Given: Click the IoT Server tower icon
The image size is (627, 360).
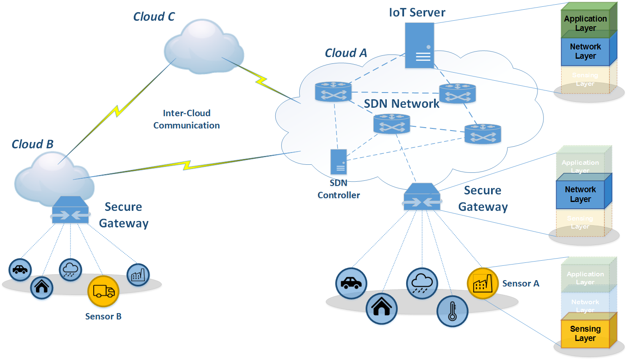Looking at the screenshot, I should [x=419, y=45].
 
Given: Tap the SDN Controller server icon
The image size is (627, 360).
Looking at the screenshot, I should [x=339, y=162].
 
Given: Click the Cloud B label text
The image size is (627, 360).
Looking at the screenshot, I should [x=33, y=144].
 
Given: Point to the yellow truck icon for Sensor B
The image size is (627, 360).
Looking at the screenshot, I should [x=103, y=291].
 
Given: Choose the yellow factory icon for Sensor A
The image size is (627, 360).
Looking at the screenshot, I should [x=483, y=283].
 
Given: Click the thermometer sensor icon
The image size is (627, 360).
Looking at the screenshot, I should [x=452, y=311].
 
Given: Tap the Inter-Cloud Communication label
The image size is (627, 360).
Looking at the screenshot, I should [x=187, y=119].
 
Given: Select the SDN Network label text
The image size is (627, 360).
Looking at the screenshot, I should [x=402, y=104].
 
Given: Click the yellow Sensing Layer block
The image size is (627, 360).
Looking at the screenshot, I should [x=585, y=333].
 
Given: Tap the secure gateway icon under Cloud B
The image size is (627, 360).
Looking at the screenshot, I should [x=71, y=210].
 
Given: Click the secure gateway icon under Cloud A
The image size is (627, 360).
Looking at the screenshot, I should [x=422, y=197].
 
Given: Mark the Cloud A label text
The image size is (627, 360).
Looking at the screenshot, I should [x=346, y=53].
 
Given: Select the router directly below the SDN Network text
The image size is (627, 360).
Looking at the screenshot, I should [x=392, y=124].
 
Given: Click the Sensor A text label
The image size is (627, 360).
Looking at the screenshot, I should [x=521, y=284].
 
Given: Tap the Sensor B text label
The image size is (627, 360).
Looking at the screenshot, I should [x=103, y=316].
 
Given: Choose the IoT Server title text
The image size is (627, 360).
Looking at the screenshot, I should [x=417, y=13].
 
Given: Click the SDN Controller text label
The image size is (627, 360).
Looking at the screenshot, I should [x=339, y=189].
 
